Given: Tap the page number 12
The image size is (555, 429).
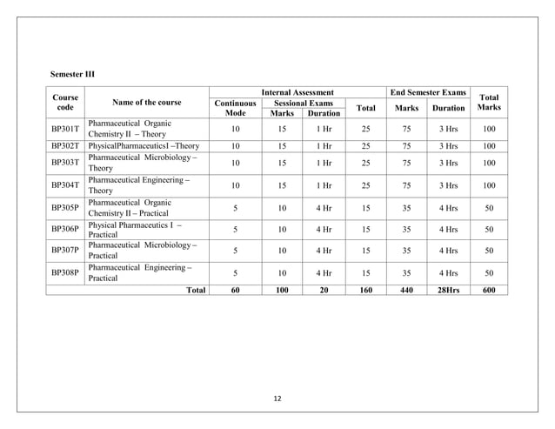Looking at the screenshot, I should [277, 399].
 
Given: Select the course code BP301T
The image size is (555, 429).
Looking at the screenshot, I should [65, 129].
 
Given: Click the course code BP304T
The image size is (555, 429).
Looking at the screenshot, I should [65, 184].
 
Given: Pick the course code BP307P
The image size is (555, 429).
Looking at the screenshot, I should [65, 250].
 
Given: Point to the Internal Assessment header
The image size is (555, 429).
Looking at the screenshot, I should [298, 91].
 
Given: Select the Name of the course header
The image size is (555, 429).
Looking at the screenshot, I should [146, 103].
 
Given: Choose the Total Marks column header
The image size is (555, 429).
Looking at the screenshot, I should [489, 103].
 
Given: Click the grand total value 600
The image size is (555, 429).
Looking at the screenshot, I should [489, 291].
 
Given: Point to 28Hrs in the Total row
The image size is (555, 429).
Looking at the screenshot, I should [449, 291].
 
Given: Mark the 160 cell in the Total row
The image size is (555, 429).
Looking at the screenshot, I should [366, 291].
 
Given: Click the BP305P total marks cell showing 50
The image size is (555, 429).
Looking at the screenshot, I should [489, 208].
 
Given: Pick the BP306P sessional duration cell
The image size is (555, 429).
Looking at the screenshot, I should [324, 230].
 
